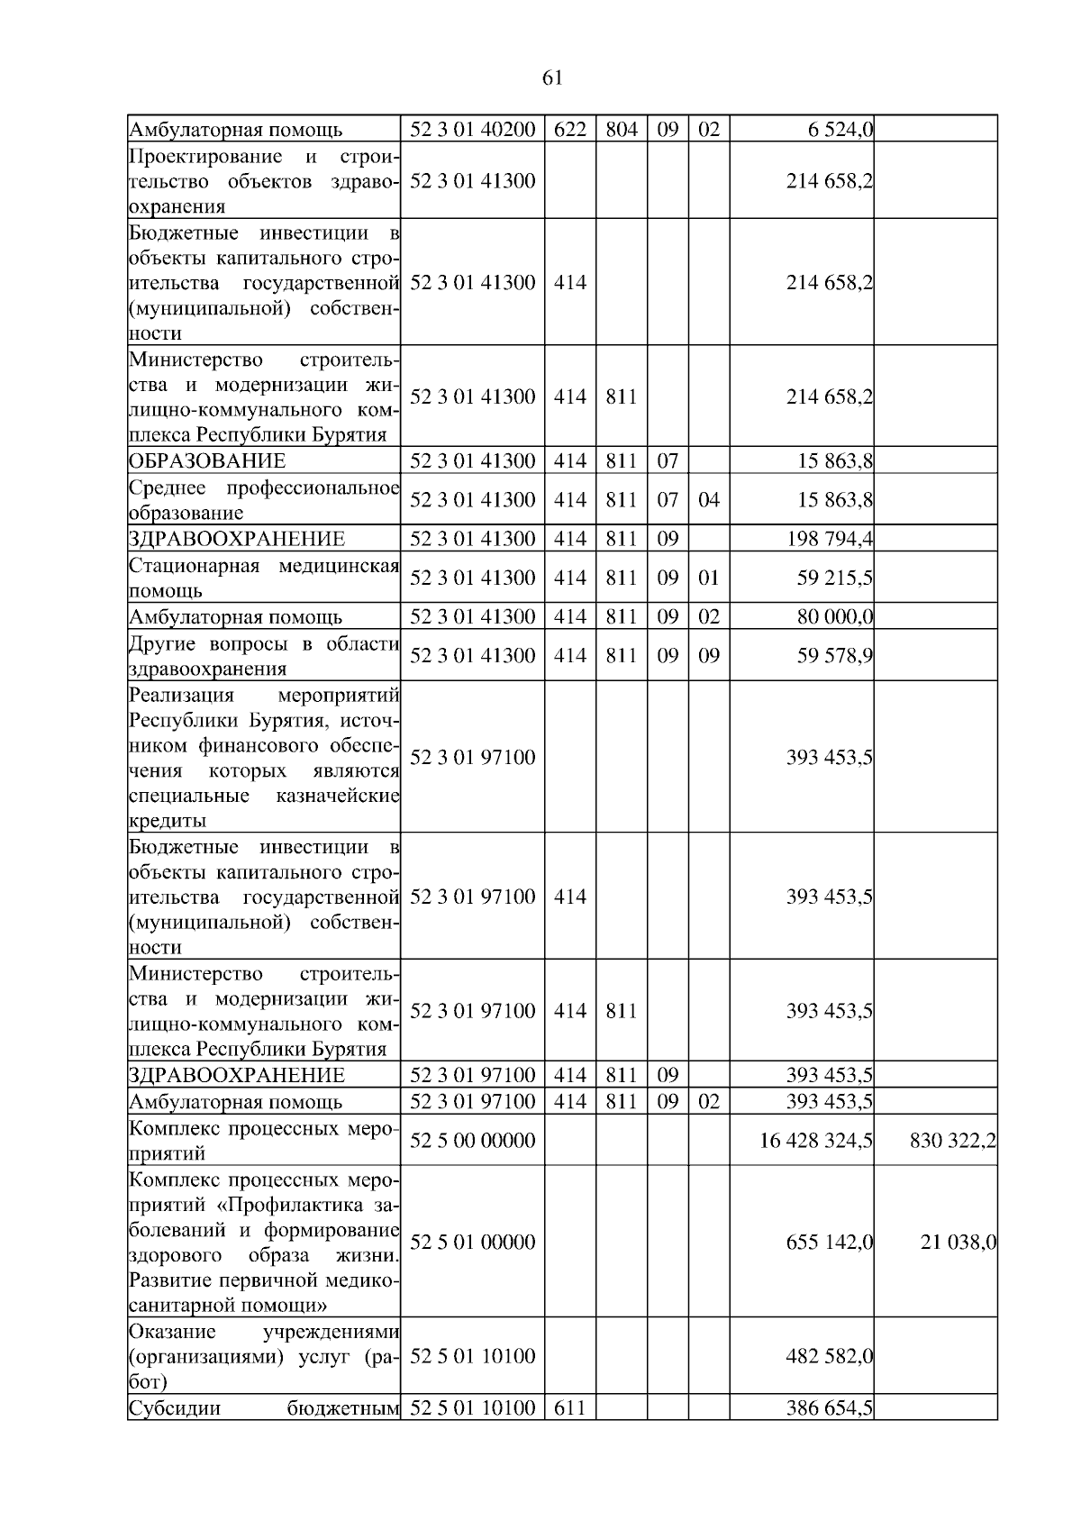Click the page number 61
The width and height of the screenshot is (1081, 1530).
(553, 78)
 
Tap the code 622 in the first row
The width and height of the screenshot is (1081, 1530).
(569, 130)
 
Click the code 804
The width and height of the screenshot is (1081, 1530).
(621, 130)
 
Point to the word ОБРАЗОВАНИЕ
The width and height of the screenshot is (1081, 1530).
(207, 461)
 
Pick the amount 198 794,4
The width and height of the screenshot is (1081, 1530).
(829, 540)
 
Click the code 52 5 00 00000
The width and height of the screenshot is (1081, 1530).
(473, 1141)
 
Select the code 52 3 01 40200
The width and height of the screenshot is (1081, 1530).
(473, 130)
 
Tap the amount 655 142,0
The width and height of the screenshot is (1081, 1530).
(829, 1243)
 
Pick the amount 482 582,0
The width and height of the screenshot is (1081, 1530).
(829, 1356)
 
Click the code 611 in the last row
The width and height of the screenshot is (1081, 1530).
(569, 1407)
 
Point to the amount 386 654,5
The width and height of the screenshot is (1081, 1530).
(829, 1407)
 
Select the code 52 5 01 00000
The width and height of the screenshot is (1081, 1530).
(473, 1243)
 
